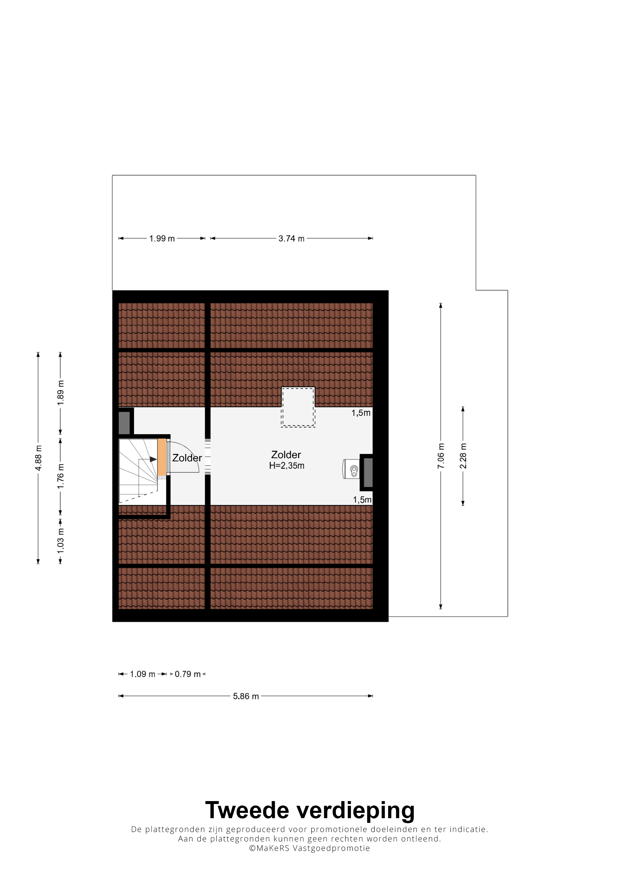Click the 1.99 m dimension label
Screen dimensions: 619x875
pyautogui.click(x=162, y=239)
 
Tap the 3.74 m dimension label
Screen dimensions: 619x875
pyautogui.click(x=292, y=239)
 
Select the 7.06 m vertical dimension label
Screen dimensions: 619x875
pyautogui.click(x=441, y=456)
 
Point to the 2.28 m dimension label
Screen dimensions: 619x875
pyautogui.click(x=463, y=456)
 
